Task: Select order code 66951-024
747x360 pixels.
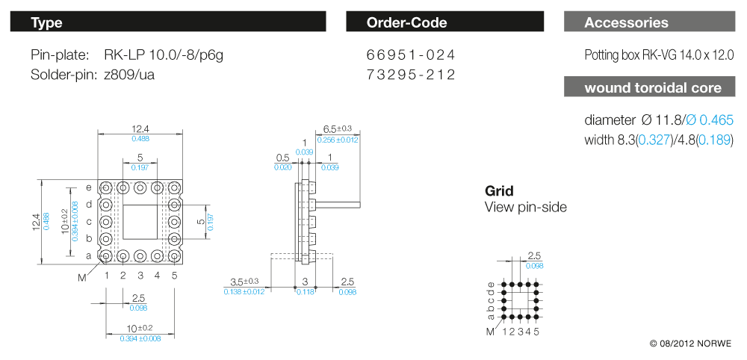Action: point(411,55)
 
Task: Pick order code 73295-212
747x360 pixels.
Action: point(411,75)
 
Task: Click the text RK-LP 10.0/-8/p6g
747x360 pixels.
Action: point(164,55)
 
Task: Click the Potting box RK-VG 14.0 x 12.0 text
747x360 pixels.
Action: point(660,55)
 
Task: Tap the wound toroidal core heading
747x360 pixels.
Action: point(653,88)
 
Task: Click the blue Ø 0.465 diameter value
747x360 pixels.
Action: point(710,120)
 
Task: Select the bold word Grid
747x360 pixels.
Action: point(499,191)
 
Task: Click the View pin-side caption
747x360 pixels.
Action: point(526,207)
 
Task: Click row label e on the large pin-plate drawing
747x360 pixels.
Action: point(89,187)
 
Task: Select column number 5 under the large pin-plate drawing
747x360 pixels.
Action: point(174,276)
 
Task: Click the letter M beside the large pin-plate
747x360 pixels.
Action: point(82,277)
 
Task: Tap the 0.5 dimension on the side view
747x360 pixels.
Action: point(282,158)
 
